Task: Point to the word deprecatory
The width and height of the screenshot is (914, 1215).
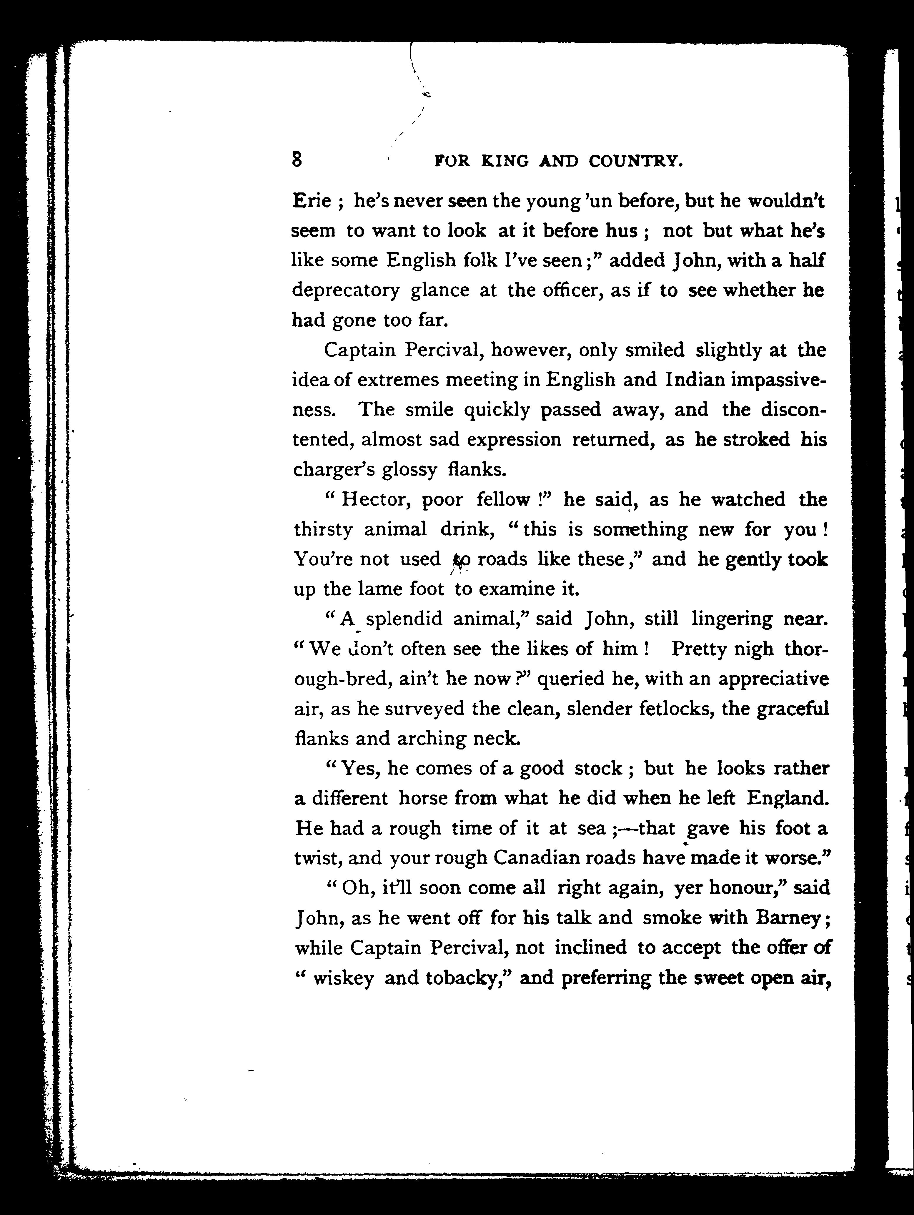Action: click(346, 290)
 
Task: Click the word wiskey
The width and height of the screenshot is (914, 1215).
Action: click(343, 978)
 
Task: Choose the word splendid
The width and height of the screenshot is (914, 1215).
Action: click(404, 619)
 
